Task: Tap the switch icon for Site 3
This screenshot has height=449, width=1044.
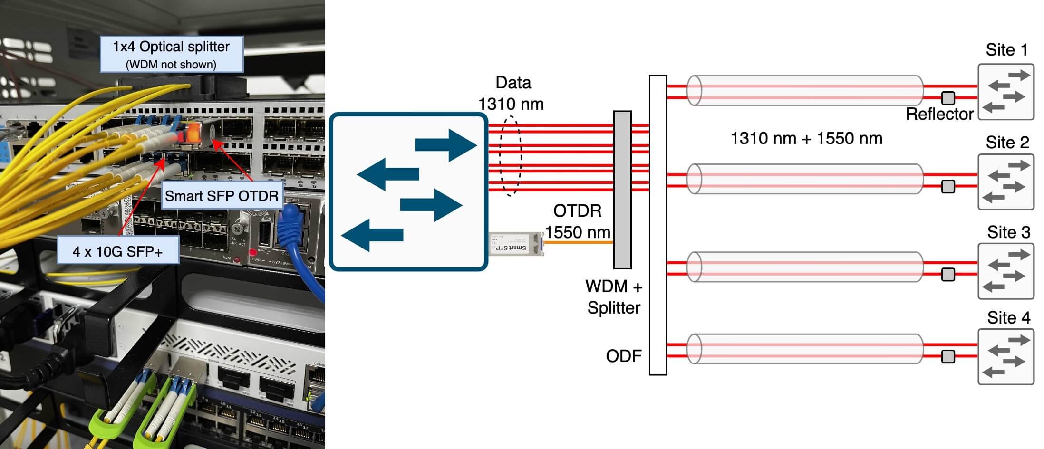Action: click(1005, 271)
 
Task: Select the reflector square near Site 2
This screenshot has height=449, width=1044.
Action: click(948, 186)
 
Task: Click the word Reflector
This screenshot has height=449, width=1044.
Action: click(939, 115)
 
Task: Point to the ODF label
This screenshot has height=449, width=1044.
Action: click(623, 356)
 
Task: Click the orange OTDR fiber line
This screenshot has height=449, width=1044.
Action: click(578, 242)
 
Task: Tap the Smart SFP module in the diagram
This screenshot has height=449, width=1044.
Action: click(516, 243)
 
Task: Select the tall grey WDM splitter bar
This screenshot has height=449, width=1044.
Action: click(622, 190)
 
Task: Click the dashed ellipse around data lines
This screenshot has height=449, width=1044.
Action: click(511, 156)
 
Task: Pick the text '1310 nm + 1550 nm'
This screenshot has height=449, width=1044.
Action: click(806, 138)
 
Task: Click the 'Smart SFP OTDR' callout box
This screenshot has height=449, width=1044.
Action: click(222, 196)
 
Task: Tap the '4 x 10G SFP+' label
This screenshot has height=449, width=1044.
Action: click(117, 251)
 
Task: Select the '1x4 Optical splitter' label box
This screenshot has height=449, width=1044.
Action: click(171, 54)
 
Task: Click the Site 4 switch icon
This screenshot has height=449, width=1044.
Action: click(1005, 357)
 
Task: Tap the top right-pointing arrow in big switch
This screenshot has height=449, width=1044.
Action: click(445, 145)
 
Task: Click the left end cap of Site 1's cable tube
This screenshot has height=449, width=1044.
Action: click(694, 90)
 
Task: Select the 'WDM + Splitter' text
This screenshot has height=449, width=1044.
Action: click(614, 297)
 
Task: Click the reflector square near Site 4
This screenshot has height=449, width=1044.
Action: click(948, 356)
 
